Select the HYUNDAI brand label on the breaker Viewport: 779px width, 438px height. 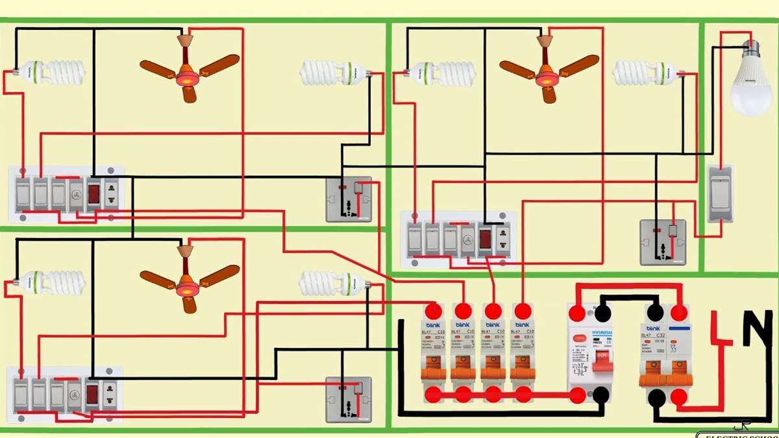coord(601,335)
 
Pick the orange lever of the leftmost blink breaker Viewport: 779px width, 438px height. coord(434,369)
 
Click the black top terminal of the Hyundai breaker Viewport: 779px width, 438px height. coord(602,314)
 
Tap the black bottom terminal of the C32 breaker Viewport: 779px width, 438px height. coord(656,396)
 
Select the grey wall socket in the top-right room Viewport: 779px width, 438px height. coord(663,241)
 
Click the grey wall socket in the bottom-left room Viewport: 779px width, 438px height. coord(349,399)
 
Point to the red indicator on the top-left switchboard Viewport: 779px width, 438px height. coord(93,193)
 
